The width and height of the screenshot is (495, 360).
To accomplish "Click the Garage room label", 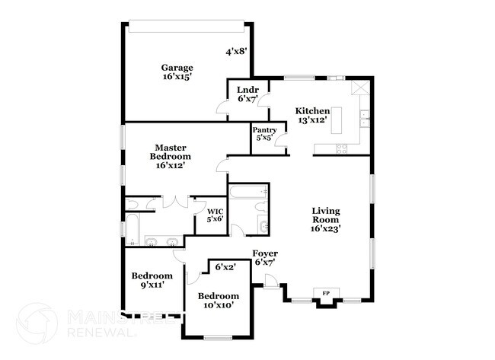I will click(176, 72).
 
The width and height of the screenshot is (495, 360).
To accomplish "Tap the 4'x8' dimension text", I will click(235, 52).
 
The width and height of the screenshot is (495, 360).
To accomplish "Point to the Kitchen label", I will click(312, 116).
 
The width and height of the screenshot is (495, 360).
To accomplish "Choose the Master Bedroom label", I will click(171, 155).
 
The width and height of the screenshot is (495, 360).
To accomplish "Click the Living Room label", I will click(325, 218).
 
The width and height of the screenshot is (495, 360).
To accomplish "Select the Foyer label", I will click(265, 257).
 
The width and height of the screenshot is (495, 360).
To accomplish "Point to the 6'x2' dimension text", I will click(225, 267).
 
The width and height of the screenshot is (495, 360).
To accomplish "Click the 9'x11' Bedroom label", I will click(152, 280).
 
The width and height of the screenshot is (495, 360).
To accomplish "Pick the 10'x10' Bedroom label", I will click(218, 300).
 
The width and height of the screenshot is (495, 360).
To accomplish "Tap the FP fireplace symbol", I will click(327, 293).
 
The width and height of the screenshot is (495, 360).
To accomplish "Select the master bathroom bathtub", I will click(133, 231).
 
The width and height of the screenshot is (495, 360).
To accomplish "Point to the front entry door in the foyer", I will click(270, 285).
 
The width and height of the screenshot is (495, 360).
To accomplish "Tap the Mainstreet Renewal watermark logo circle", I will click(37, 323).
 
